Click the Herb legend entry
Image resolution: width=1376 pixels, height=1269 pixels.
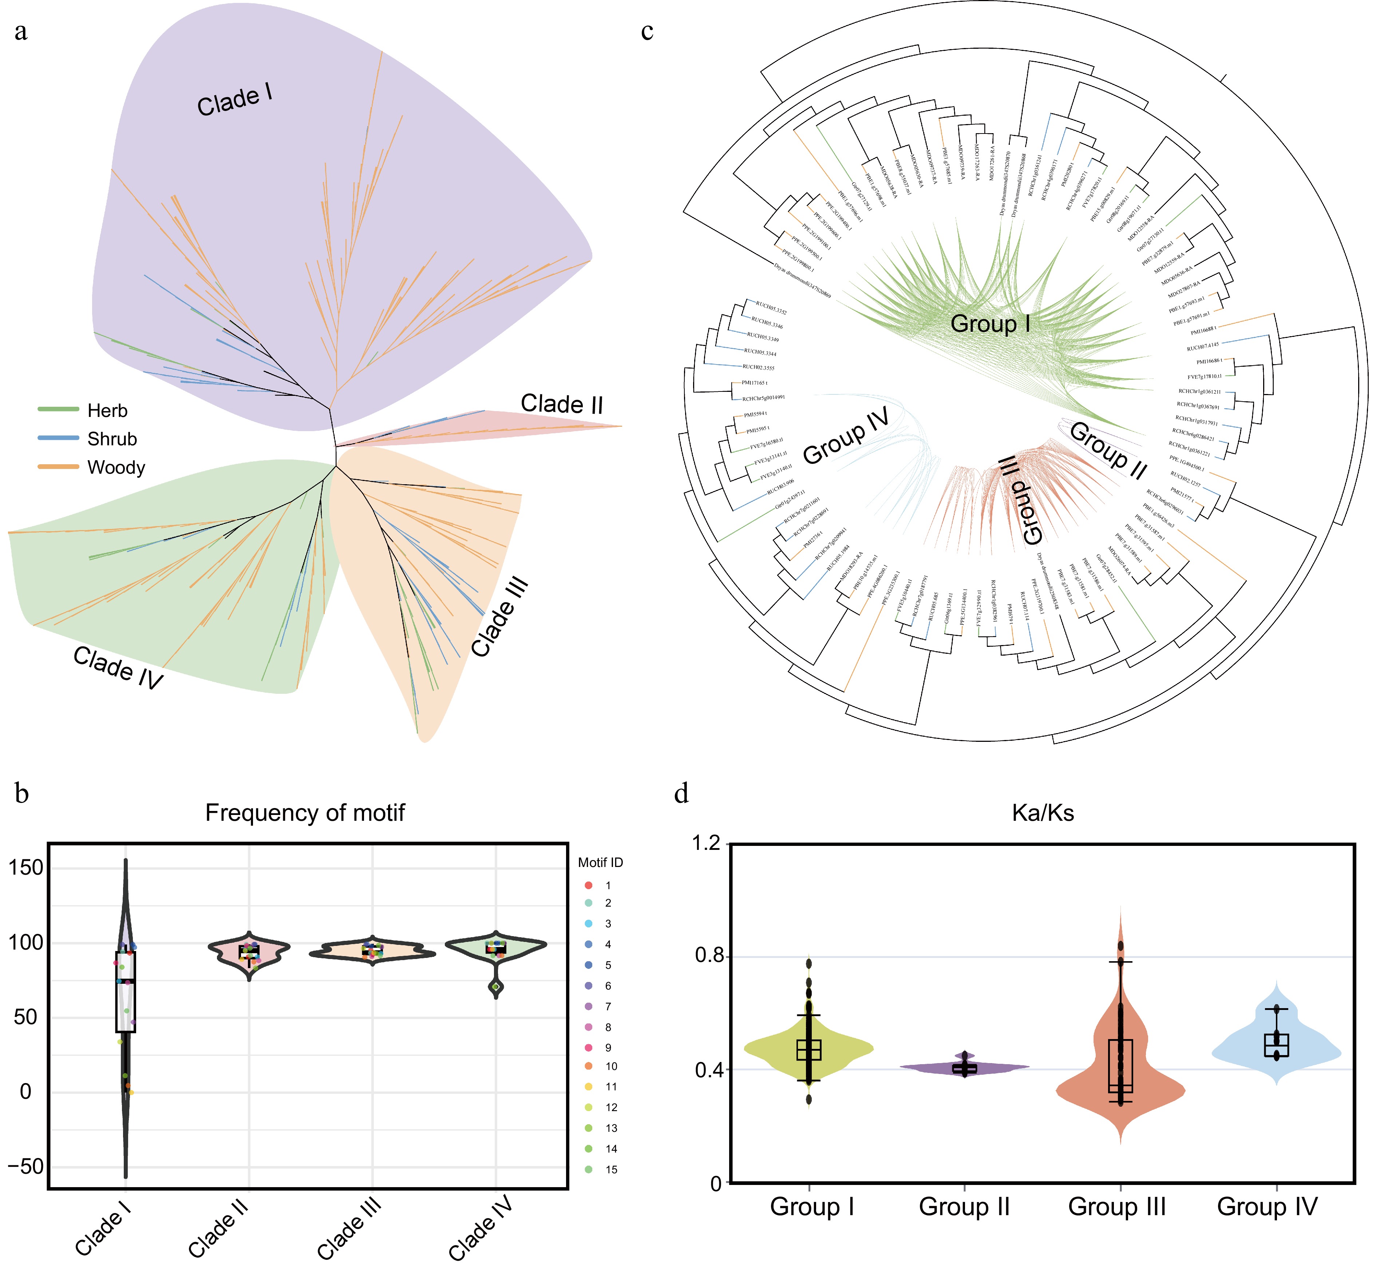pyautogui.click(x=107, y=411)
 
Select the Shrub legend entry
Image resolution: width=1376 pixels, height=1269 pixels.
pyautogui.click(x=112, y=439)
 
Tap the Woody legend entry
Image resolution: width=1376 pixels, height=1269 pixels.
pyautogui.click(x=116, y=468)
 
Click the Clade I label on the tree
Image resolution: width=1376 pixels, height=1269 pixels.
pyautogui.click(x=235, y=100)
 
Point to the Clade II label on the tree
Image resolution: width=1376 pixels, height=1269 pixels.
pyautogui.click(x=562, y=404)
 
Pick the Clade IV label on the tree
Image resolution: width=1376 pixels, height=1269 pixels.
pyautogui.click(x=118, y=668)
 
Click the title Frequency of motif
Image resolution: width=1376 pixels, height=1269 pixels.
pyautogui.click(x=305, y=813)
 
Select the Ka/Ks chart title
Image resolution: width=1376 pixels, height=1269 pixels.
pyautogui.click(x=1043, y=813)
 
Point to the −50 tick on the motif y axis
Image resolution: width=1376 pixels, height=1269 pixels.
pyautogui.click(x=26, y=1167)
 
